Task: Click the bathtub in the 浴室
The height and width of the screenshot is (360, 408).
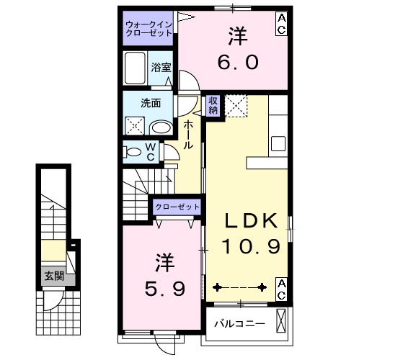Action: [136, 68]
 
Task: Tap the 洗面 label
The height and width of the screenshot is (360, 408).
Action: [150, 103]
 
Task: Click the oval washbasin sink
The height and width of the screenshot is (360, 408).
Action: [163, 128]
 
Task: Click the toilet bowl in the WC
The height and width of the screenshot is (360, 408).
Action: [133, 153]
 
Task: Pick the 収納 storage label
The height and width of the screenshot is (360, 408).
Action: [213, 106]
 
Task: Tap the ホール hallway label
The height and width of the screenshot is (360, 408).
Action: [187, 135]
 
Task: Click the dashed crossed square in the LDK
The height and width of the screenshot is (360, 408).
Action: [237, 107]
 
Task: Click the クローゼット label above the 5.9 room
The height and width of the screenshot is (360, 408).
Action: [177, 207]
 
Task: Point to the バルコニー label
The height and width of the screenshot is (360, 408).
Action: [239, 324]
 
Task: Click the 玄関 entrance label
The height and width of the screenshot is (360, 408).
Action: [52, 275]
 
